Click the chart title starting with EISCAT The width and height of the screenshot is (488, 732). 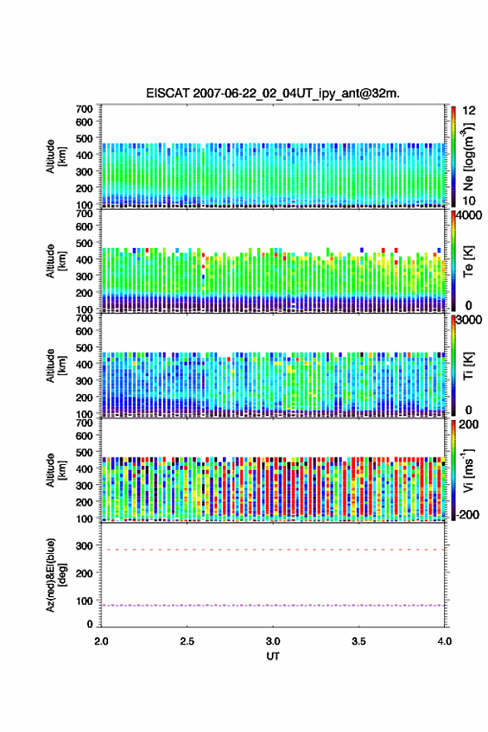pyautogui.click(x=273, y=93)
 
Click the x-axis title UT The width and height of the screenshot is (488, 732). pyautogui.click(x=273, y=656)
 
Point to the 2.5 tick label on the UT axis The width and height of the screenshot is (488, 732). pyautogui.click(x=187, y=641)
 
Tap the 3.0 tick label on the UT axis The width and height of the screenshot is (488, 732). pyautogui.click(x=273, y=641)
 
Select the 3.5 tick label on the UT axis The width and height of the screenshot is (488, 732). pyautogui.click(x=359, y=641)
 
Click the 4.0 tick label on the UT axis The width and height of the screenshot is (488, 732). pyautogui.click(x=444, y=641)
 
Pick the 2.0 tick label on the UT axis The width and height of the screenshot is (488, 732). pyautogui.click(x=101, y=641)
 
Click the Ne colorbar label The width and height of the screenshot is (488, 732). pyautogui.click(x=468, y=156)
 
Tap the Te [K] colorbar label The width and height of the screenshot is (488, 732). pyautogui.click(x=468, y=261)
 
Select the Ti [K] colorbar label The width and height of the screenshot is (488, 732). pyautogui.click(x=468, y=365)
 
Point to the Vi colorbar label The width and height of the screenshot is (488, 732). pyautogui.click(x=468, y=470)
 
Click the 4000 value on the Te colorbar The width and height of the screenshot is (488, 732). pyautogui.click(x=470, y=215)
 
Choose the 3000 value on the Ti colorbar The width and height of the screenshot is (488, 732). pyautogui.click(x=470, y=320)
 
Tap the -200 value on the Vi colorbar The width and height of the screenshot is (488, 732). pyautogui.click(x=467, y=514)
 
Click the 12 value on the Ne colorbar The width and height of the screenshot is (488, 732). pyautogui.click(x=470, y=111)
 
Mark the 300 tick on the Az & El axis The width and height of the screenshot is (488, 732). pyautogui.click(x=85, y=546)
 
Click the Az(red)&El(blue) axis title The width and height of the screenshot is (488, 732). pyautogui.click(x=56, y=575)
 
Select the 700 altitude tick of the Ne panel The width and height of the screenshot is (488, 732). pyautogui.click(x=85, y=109)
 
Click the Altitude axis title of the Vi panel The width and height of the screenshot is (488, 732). pyautogui.click(x=56, y=470)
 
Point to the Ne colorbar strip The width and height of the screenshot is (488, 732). pyautogui.click(x=453, y=156)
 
